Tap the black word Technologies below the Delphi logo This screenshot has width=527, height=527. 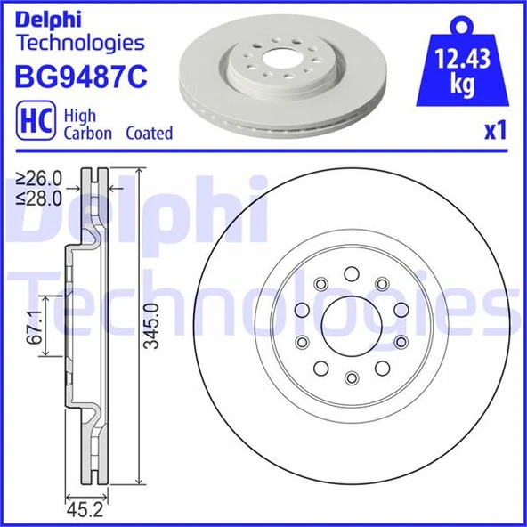[x=80, y=43]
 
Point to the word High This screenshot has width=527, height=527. [x=79, y=116]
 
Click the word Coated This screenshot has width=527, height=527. [x=148, y=134]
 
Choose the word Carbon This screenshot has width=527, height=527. [x=86, y=134]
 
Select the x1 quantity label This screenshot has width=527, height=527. [x=495, y=132]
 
